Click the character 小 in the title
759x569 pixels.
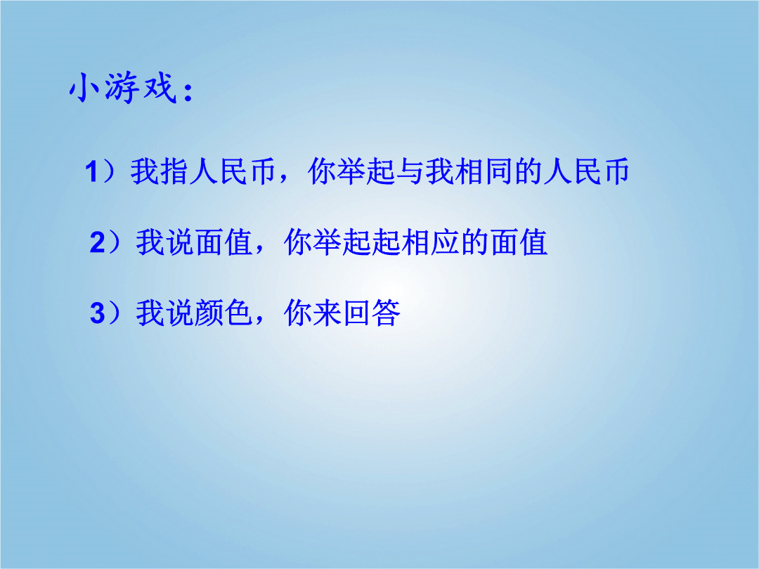84,87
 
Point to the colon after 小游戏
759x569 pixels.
188,93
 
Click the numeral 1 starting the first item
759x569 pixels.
92,172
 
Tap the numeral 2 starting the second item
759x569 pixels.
97,242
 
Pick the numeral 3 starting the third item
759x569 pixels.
97,313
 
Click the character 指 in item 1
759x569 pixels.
174,171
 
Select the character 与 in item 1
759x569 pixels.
410,171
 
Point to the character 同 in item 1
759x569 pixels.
499,171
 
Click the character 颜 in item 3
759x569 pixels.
209,313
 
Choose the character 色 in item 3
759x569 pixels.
239,313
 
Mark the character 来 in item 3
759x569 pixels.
327,313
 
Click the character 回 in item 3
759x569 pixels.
357,313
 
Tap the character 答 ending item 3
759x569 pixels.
387,313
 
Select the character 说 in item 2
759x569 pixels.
180,242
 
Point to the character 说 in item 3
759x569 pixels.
180,313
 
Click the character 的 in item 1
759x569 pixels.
528,171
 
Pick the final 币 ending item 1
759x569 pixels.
615,171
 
